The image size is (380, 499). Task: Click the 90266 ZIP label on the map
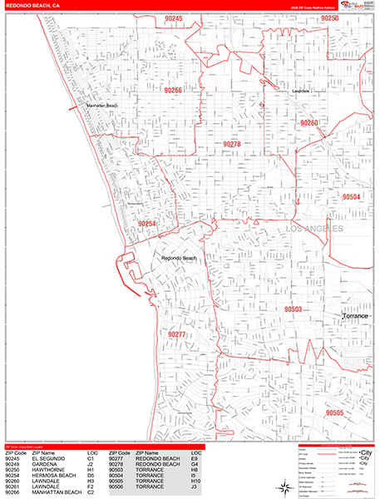(x=171, y=90)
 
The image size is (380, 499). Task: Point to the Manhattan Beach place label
(x=101, y=106)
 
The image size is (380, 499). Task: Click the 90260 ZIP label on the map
(x=308, y=123)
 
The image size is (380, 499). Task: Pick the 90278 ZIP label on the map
(x=231, y=144)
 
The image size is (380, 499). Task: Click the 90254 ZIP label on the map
(x=146, y=223)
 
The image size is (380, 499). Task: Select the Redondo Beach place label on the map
(x=179, y=258)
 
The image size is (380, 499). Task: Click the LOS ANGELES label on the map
(x=314, y=227)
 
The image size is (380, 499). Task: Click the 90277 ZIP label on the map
(x=176, y=333)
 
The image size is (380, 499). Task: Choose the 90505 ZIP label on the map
(x=334, y=413)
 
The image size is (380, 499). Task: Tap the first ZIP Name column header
(x=43, y=453)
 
